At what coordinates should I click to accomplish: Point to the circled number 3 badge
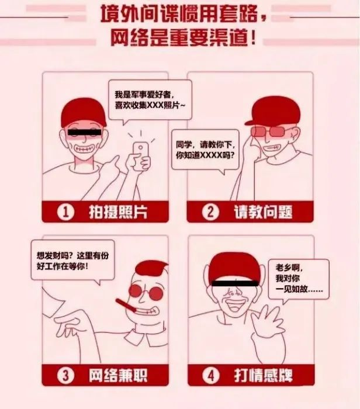click(x=65, y=375)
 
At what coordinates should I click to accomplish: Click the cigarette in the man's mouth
click(x=127, y=306)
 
